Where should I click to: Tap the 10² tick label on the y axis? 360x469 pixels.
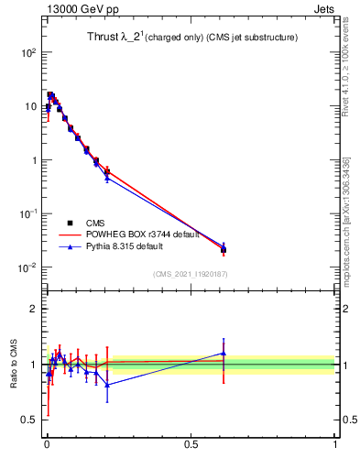(28, 53)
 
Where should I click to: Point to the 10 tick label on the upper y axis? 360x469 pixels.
(30, 107)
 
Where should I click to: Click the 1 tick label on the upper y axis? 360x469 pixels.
(34, 160)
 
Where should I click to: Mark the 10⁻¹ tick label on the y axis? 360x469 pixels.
(28, 213)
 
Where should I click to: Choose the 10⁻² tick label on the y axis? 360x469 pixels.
(28, 267)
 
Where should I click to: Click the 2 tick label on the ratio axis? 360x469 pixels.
(34, 310)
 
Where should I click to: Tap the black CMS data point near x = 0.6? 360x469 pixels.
(224, 249)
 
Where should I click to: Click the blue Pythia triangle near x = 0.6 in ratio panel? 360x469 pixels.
(224, 353)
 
